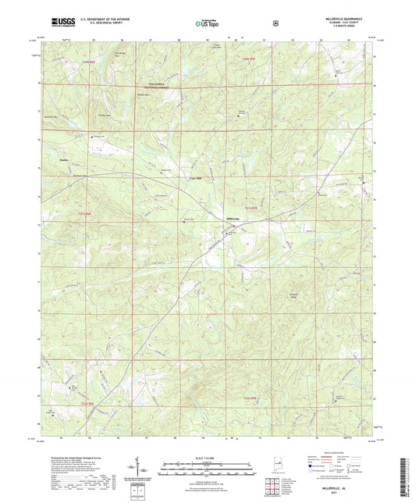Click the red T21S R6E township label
click(x=86, y=212)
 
